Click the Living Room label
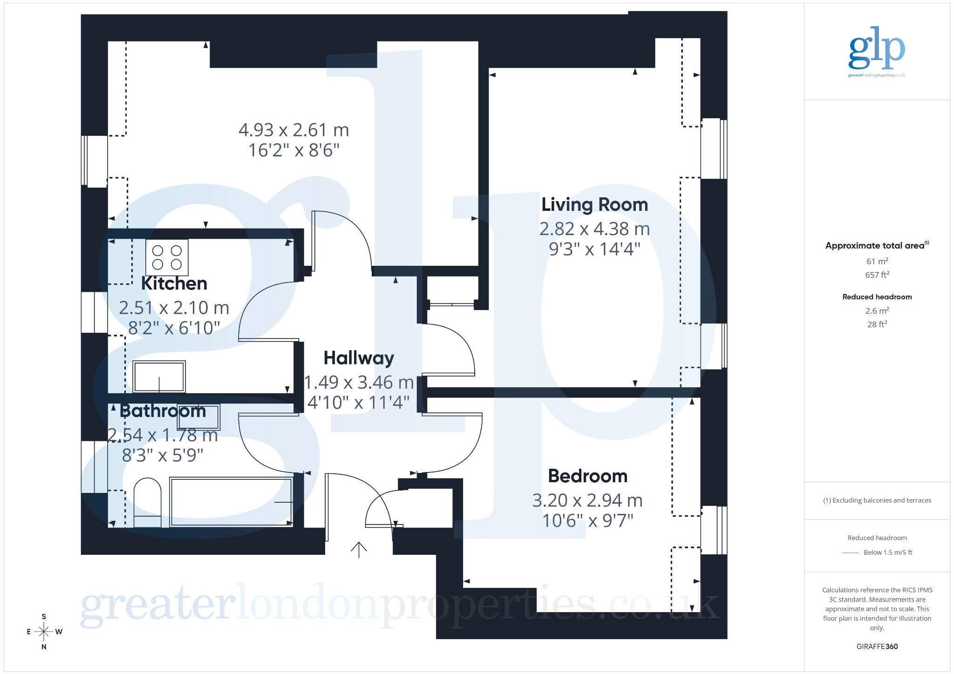click(594, 205)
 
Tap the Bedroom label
click(587, 476)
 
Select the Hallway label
click(359, 358)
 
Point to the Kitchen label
click(174, 283)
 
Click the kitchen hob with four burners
click(167, 257)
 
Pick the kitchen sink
click(159, 377)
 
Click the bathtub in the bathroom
click(231, 502)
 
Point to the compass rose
click(44, 632)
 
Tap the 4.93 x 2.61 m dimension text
click(293, 130)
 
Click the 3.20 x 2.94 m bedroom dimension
click(587, 501)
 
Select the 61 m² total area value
click(877, 261)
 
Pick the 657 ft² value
click(877, 275)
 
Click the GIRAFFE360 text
click(877, 647)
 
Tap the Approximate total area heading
click(876, 246)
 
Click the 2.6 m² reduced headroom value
click(877, 311)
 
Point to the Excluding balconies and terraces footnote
click(877, 500)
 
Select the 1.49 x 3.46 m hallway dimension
click(359, 383)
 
